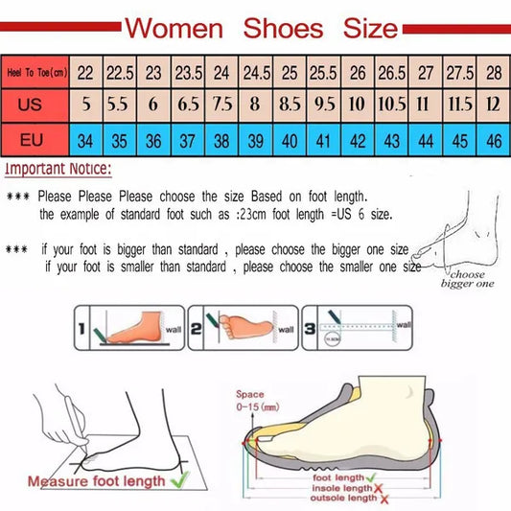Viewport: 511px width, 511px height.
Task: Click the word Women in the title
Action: click(x=175, y=27)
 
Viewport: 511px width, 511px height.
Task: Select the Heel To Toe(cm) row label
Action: click(x=35, y=72)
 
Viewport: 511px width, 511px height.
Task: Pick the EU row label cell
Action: click(x=35, y=140)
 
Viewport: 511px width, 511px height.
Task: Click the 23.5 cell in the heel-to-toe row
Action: click(x=187, y=72)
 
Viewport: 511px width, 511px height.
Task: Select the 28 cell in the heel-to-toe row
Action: click(x=494, y=72)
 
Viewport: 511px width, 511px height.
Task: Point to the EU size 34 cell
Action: click(x=85, y=140)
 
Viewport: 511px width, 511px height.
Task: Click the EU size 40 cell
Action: click(x=289, y=140)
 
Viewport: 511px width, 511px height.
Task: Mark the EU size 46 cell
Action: click(x=494, y=140)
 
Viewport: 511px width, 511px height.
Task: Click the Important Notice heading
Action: click(x=58, y=170)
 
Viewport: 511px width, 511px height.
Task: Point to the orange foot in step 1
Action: click(x=139, y=328)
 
